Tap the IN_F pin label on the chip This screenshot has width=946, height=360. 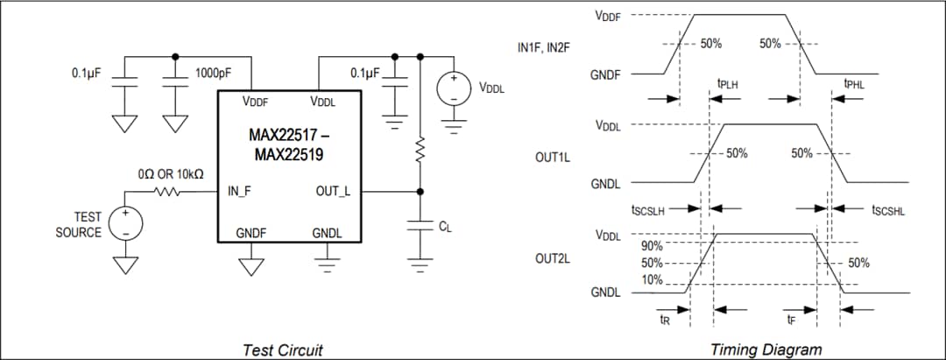tap(239, 191)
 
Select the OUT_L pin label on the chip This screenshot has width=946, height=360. tap(333, 191)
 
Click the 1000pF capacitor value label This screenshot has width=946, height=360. tap(214, 74)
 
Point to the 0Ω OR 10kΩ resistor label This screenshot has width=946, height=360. tap(172, 174)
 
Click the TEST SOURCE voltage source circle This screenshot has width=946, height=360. tap(125, 223)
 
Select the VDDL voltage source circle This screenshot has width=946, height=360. tap(454, 89)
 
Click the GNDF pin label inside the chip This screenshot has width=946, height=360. tap(251, 233)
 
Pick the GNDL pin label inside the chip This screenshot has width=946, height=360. tap(328, 233)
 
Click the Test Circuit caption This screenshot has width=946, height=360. tap(282, 349)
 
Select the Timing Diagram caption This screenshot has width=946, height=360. tap(766, 349)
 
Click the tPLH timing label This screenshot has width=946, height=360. tap(727, 84)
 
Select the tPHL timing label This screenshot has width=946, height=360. tap(854, 84)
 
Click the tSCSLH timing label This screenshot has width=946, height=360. tap(649, 210)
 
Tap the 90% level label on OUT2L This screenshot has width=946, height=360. tap(652, 246)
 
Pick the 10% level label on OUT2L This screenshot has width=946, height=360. tap(652, 279)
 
